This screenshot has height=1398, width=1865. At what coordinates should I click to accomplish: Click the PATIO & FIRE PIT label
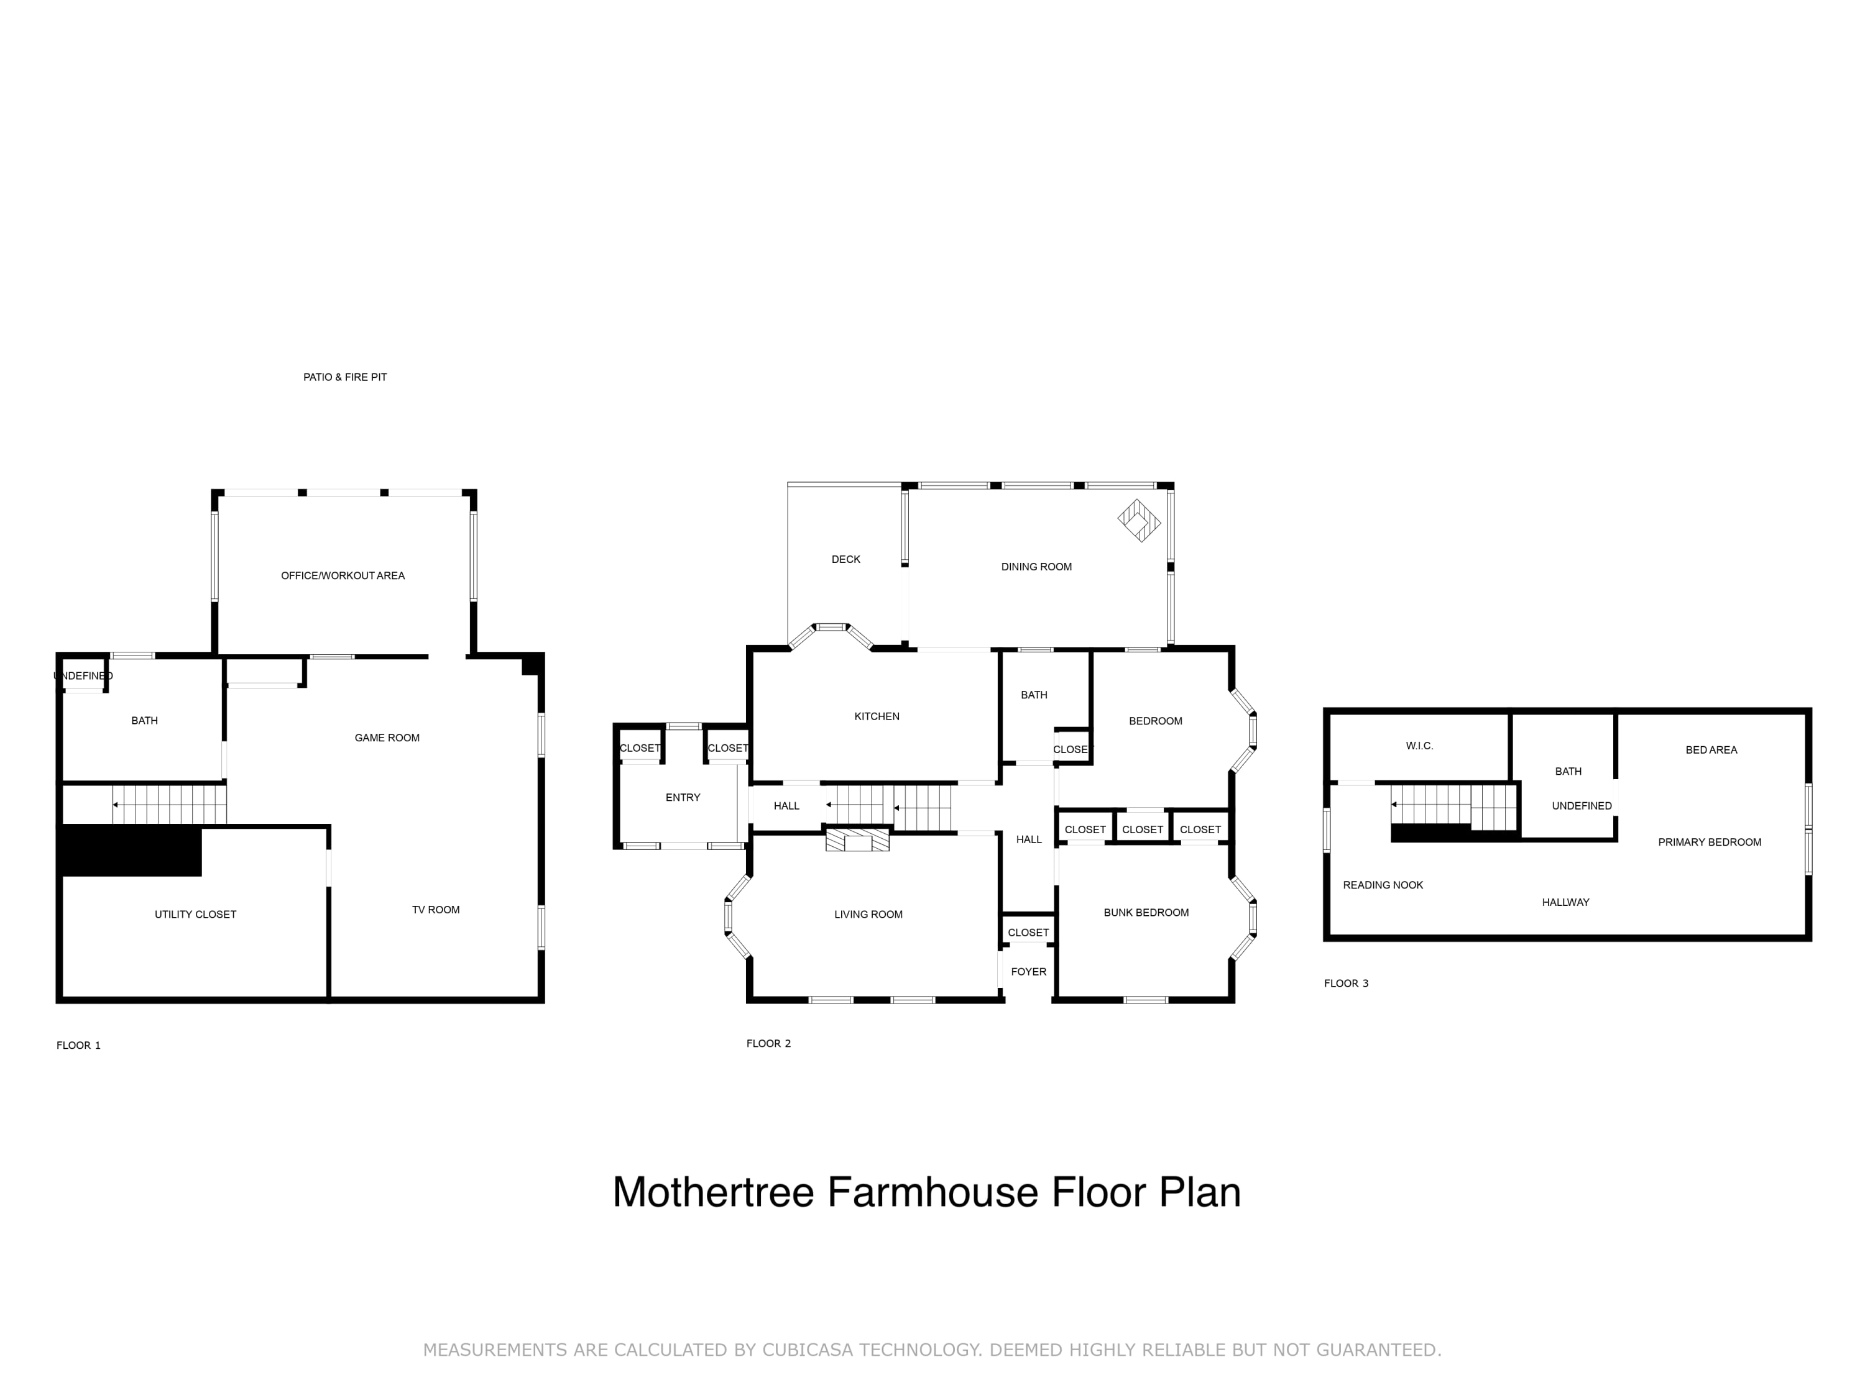tap(345, 377)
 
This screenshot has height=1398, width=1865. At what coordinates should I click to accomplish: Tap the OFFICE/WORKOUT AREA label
tap(343, 575)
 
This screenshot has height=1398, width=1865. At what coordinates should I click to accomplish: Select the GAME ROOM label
tap(387, 738)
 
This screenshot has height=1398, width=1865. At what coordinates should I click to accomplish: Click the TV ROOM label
tap(436, 909)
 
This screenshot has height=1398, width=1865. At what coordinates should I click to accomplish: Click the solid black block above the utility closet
tap(131, 851)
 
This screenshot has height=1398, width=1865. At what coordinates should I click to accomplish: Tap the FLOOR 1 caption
tap(78, 1045)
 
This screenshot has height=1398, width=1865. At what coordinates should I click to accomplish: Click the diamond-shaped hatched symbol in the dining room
tap(1139, 521)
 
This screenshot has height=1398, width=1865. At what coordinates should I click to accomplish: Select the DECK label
tap(845, 559)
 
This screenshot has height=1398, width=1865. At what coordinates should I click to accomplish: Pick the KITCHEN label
tap(877, 716)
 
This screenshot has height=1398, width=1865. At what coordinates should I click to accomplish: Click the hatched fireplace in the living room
tap(857, 839)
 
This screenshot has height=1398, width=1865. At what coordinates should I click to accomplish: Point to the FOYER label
tap(1029, 972)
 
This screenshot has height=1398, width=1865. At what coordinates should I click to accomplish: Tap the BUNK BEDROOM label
tap(1146, 913)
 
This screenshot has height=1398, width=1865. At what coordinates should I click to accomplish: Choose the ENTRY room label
tap(683, 797)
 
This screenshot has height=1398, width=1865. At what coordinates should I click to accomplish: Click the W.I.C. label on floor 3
tap(1420, 746)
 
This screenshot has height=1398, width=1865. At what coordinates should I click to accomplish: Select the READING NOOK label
tap(1383, 885)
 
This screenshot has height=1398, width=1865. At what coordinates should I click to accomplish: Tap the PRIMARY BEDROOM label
tap(1710, 842)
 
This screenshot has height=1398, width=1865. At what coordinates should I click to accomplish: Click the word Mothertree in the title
tap(713, 1192)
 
